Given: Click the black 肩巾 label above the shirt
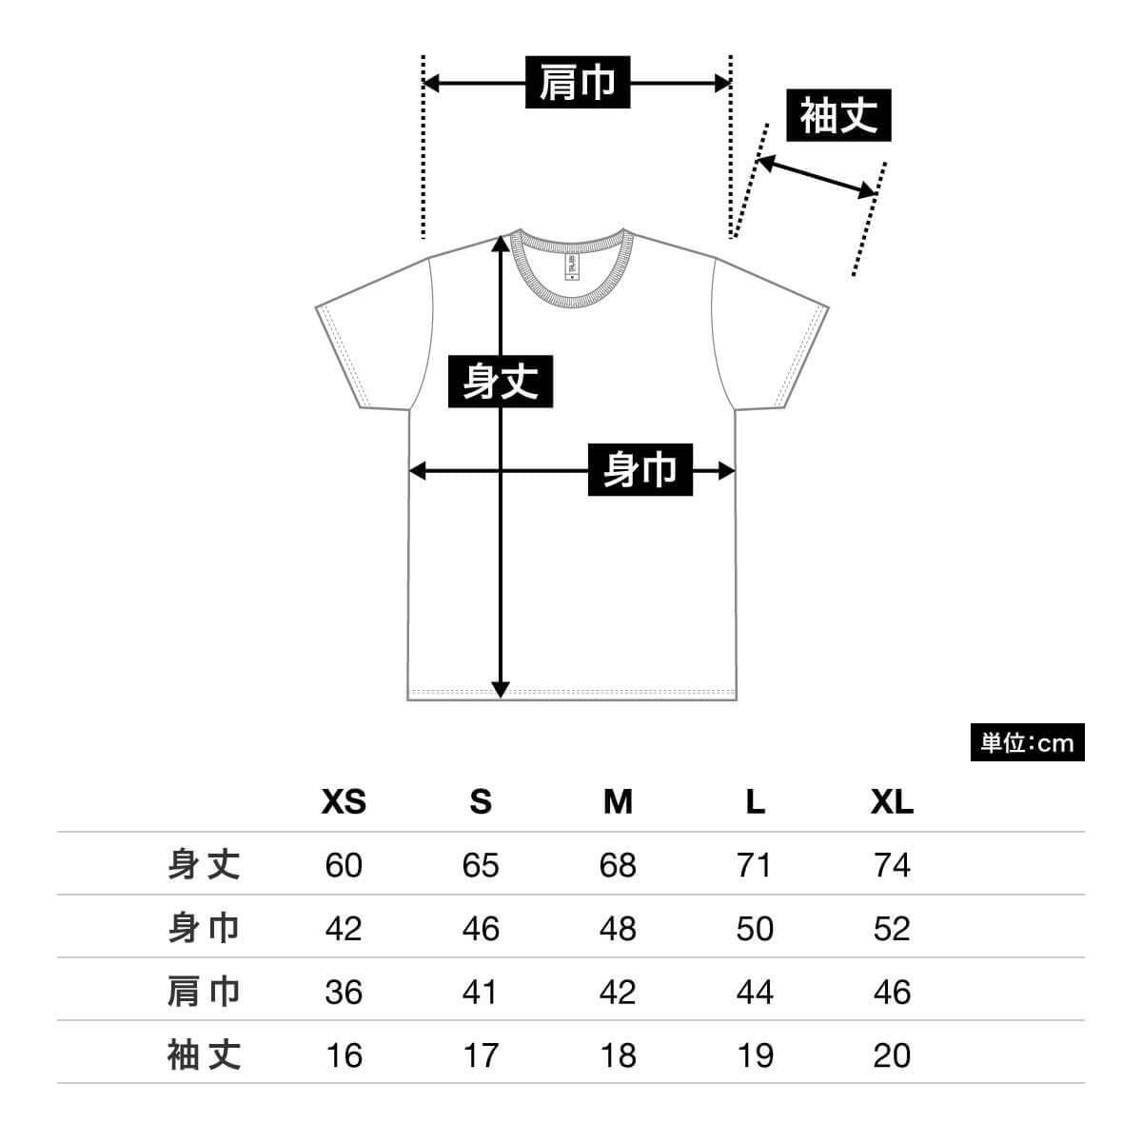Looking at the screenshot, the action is (578, 83).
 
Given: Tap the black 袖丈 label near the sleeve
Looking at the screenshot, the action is (838, 115).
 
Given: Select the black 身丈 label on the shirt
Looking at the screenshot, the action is (501, 382).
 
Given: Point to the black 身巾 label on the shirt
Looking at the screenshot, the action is (640, 469).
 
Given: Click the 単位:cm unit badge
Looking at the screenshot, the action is (1027, 742).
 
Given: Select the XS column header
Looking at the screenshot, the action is (344, 802).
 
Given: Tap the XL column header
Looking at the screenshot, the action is (892, 802).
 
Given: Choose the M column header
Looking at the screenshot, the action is (618, 802).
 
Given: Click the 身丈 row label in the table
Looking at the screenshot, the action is (204, 865).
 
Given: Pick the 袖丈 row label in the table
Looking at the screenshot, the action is (204, 1055).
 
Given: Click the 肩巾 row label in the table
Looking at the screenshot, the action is (204, 992).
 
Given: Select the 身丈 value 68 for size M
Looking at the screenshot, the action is (618, 865).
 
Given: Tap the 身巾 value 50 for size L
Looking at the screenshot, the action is (755, 929).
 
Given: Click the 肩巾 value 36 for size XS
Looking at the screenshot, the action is (344, 992).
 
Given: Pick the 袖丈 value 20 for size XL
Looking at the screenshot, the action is (892, 1055).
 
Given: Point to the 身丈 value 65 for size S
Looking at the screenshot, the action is (481, 865).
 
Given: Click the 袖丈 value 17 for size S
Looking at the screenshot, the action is (481, 1055).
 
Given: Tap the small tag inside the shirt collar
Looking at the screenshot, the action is (571, 267).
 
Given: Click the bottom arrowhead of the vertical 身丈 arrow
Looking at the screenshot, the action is (501, 690).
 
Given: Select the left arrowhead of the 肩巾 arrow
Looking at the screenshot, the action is (431, 84).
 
